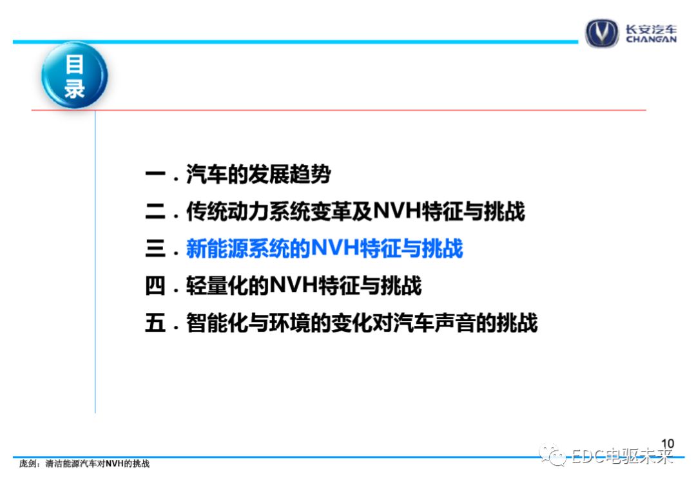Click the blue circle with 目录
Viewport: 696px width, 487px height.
tap(75, 75)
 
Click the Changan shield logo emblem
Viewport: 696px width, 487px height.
tap(601, 33)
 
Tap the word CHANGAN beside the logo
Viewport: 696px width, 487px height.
tap(651, 39)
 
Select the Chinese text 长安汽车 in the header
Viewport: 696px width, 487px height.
tap(651, 29)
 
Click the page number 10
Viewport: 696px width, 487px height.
tap(667, 444)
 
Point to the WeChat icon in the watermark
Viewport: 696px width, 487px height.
tap(552, 455)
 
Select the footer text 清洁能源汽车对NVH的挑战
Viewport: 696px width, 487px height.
tap(98, 464)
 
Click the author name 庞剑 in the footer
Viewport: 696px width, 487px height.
tap(28, 464)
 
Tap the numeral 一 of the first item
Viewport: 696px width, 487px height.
tap(155, 175)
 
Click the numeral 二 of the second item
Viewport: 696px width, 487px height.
tap(155, 211)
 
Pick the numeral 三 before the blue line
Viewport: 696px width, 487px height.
tap(155, 249)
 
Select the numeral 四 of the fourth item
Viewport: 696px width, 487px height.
tap(155, 285)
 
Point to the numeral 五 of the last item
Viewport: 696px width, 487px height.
tap(155, 323)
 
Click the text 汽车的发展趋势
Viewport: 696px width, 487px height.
tap(258, 174)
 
